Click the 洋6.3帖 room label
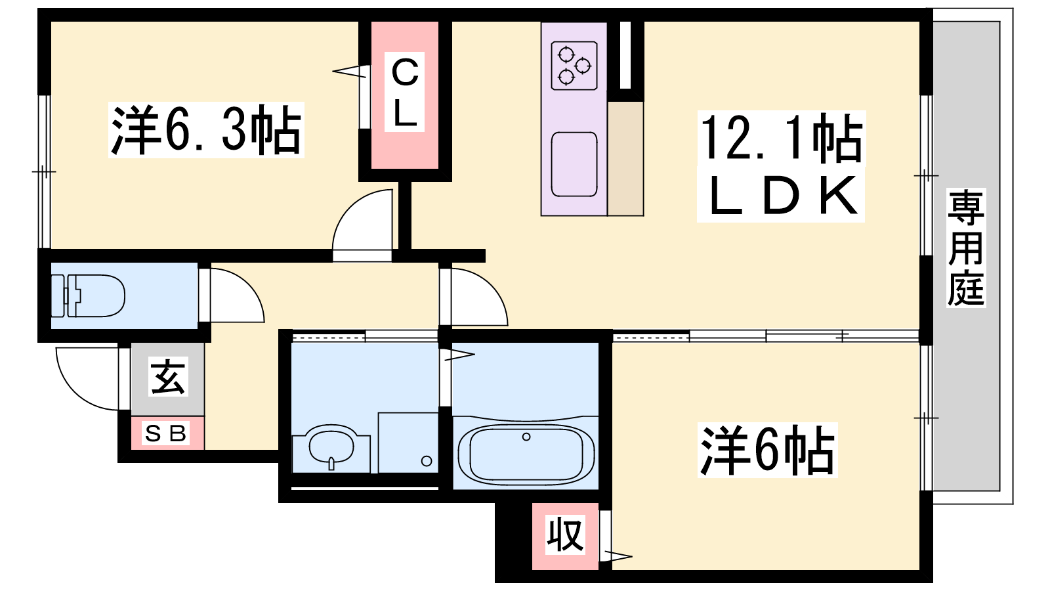coord(206,129)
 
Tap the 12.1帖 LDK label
coord(781,166)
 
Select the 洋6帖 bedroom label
coord(767,450)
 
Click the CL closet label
coord(404,92)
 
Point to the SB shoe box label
coord(167,433)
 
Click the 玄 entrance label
coord(168,377)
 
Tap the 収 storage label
coord(565,534)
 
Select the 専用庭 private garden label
coord(966,248)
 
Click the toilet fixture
coord(88,296)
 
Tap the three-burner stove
coord(574,66)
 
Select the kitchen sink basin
coord(574,164)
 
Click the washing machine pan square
coord(408,443)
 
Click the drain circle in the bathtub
coord(526,437)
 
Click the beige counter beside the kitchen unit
coord(625,158)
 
